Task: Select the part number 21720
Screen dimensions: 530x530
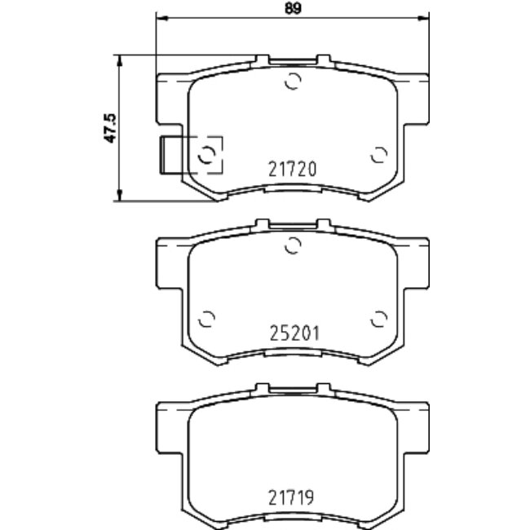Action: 292,170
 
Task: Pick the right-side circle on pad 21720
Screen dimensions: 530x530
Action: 378,155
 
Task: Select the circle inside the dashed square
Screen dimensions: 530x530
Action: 208,153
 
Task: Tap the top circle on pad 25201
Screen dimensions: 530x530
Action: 294,244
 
